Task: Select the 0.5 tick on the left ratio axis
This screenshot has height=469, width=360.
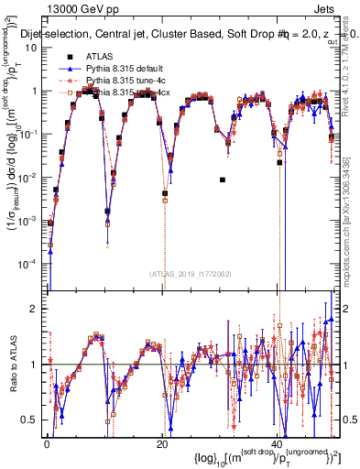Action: pyautogui.click(x=33, y=420)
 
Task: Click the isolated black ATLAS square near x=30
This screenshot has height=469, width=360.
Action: pyautogui.click(x=223, y=180)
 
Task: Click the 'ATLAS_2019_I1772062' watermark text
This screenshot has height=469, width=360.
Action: pyautogui.click(x=191, y=274)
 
